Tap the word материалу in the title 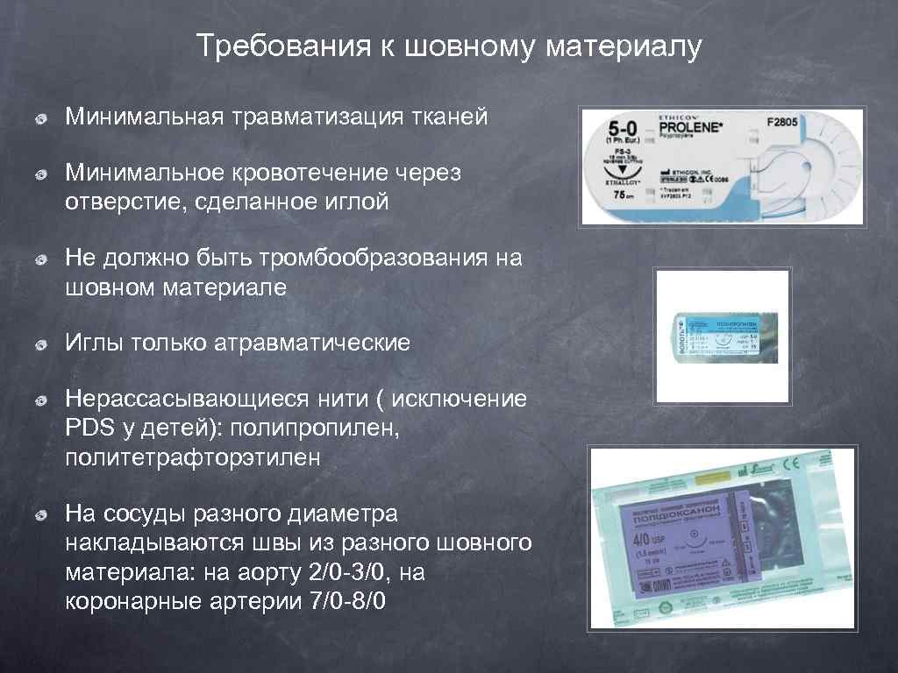624,46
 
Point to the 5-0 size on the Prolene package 624,130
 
